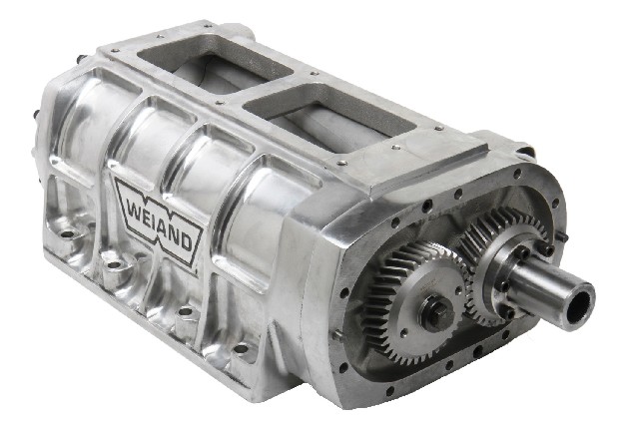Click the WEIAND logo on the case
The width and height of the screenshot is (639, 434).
159,220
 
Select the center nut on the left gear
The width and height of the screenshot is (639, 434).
437,314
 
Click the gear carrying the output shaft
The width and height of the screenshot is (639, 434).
503,264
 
